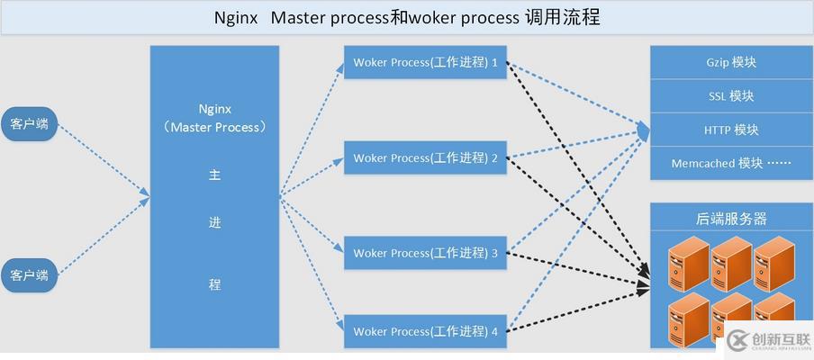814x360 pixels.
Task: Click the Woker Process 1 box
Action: tap(425, 63)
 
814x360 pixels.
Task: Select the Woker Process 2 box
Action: tap(425, 158)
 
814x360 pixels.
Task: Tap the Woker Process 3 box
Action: tap(425, 253)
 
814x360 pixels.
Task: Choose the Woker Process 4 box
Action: tap(425, 331)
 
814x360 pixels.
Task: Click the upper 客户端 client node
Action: tap(29, 124)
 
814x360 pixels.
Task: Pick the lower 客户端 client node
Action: tap(29, 273)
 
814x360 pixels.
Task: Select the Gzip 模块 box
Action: tap(730, 62)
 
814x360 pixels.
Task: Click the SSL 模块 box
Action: tap(730, 95)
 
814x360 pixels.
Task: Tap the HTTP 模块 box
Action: tap(730, 130)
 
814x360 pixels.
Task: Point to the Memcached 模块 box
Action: tap(730, 163)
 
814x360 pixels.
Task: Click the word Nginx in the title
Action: tap(236, 18)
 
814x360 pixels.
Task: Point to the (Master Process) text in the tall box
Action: tap(215, 127)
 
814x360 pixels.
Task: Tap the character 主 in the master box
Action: tap(214, 175)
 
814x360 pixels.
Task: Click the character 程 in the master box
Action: tap(214, 284)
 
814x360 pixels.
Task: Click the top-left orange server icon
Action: tap(689, 263)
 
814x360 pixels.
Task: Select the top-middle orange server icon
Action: tap(730, 263)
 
